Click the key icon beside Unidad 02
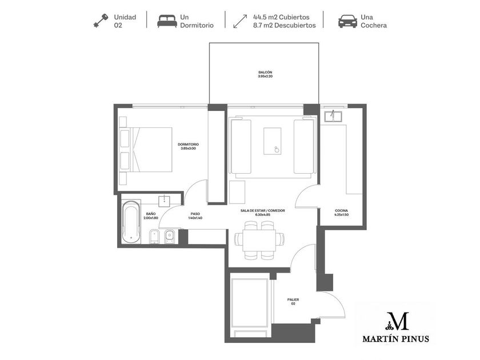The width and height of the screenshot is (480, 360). point(101,21)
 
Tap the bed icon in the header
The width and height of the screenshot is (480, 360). point(167,21)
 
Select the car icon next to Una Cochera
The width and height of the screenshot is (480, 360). point(347,21)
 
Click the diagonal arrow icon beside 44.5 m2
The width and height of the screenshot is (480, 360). point(240,21)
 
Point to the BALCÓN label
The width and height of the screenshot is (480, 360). point(265,72)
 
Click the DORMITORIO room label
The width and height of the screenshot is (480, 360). point(188,145)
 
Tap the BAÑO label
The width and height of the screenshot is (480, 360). point(151,214)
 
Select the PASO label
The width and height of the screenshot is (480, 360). point(195,214)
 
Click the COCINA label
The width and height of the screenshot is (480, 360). point(341,211)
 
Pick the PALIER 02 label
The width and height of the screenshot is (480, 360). point(293,302)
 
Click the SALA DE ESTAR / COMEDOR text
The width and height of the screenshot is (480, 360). point(263,211)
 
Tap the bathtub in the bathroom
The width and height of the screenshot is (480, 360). point(131,222)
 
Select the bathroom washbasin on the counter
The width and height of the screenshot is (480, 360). point(166,201)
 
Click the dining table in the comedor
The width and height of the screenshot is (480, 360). point(259,241)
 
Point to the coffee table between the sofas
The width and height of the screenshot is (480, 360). point(272,141)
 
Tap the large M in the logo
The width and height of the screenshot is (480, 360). point(397,321)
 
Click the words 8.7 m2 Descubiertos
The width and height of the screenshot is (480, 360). point(285,25)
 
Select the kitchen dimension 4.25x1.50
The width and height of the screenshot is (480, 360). point(341,215)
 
